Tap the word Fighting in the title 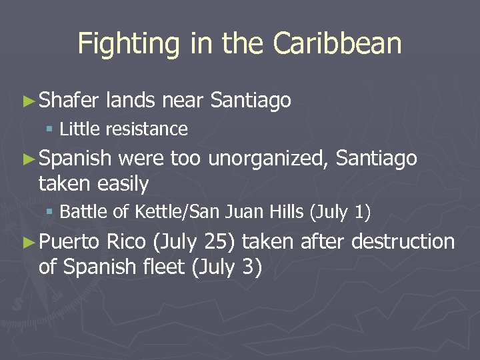(x=123, y=43)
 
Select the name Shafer (x=69, y=101)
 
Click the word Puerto (x=69, y=241)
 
